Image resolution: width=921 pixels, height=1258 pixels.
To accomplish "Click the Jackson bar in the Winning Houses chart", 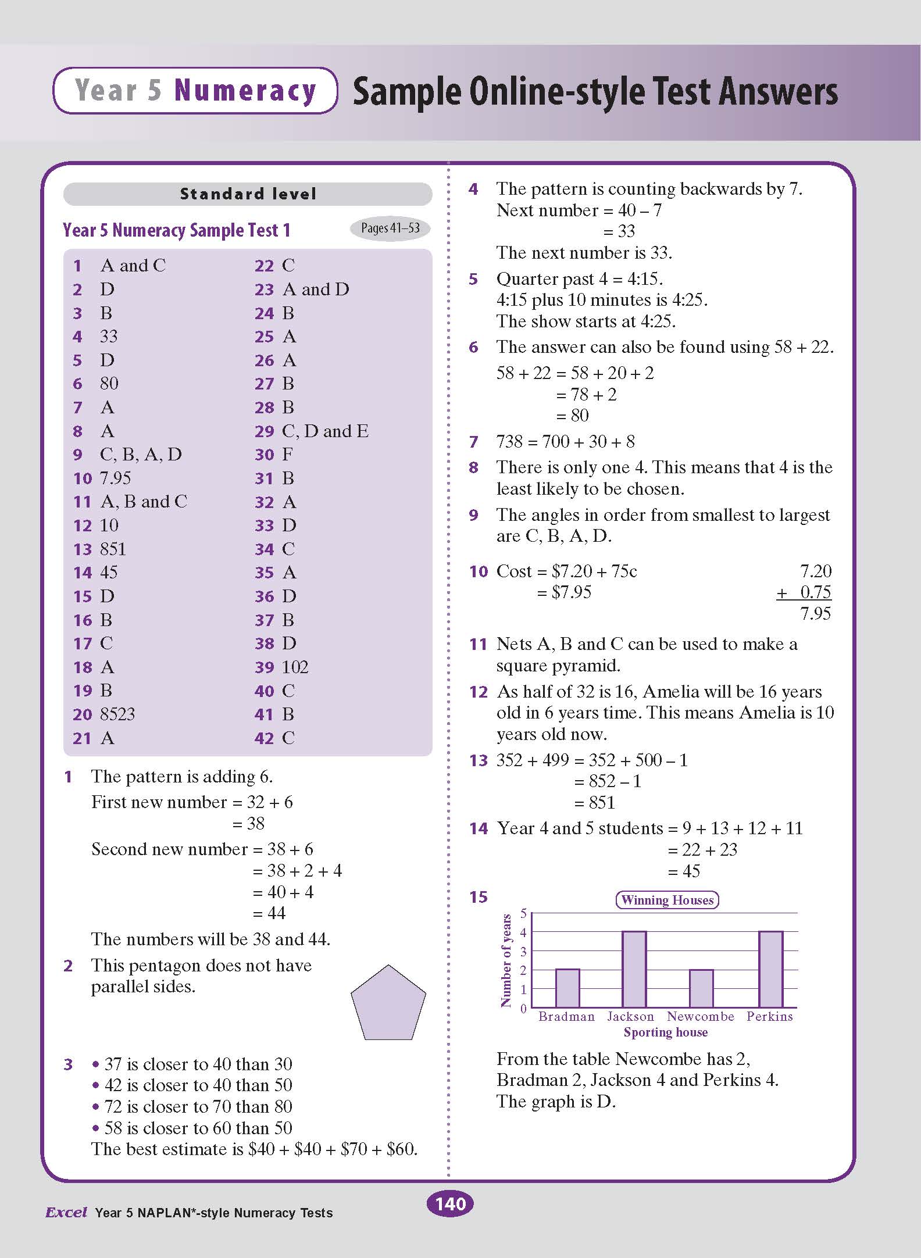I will (x=634, y=969).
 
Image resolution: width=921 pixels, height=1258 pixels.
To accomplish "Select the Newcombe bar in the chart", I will (x=701, y=988).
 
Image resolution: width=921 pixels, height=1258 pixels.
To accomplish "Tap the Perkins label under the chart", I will (x=769, y=1016).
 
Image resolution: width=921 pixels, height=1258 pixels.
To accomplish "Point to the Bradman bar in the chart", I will (x=567, y=988).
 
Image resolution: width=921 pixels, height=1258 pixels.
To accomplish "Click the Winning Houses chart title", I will (x=667, y=900).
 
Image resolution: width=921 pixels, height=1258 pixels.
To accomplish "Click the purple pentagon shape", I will (x=388, y=1004).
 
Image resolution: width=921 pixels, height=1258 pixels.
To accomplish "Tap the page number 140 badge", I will (x=450, y=1203).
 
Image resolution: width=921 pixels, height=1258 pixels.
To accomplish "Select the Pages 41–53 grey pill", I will (x=390, y=228).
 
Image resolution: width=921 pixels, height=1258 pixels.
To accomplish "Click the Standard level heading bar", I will (x=248, y=194).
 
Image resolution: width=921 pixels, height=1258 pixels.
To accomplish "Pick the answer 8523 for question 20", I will (x=117, y=714).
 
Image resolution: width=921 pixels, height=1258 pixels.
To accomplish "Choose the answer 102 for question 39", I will (x=295, y=667).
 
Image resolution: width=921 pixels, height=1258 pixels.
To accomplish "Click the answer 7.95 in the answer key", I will (x=116, y=478).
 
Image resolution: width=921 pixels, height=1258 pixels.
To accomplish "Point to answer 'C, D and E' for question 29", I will (x=325, y=431).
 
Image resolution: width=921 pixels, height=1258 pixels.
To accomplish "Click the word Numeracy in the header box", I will (x=245, y=91).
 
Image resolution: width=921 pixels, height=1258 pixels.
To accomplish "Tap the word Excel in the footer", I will (x=66, y=1213).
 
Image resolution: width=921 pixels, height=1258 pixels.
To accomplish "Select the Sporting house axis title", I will (x=666, y=1032).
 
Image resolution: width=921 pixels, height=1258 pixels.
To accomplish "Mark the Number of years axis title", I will (x=506, y=960).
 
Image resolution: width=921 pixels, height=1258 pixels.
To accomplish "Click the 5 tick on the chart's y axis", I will (x=523, y=913).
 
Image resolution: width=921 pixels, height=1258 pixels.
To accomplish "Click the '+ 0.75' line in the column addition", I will (x=804, y=592).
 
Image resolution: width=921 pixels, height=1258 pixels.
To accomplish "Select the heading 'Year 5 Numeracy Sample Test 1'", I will (x=176, y=230).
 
